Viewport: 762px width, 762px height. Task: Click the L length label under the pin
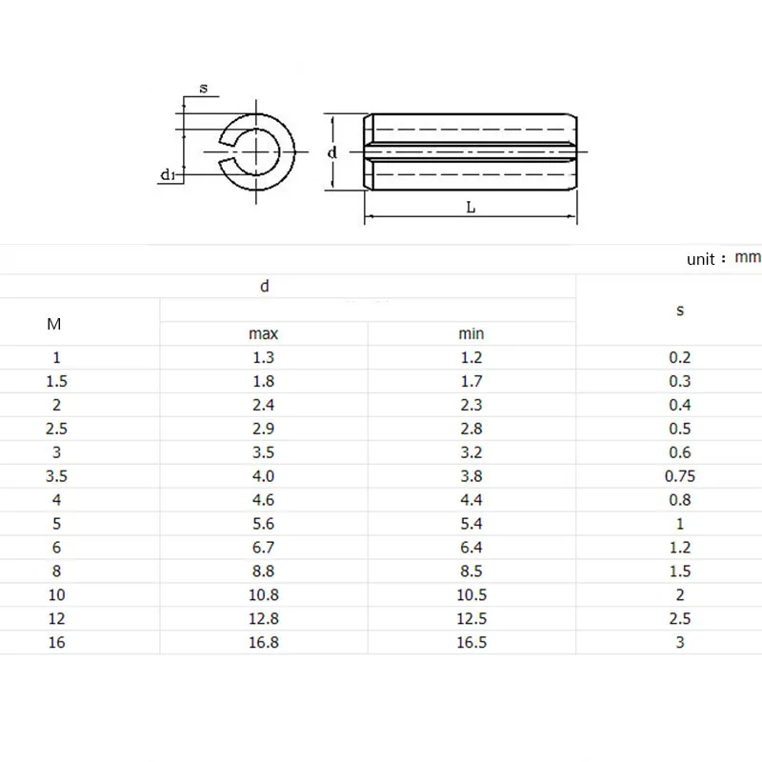[471, 208]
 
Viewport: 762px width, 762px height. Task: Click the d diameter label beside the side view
[331, 152]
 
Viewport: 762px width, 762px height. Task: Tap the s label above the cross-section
[204, 89]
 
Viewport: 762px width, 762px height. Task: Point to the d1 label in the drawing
[168, 174]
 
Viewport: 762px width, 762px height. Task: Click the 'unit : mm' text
[724, 258]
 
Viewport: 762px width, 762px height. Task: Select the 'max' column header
[264, 334]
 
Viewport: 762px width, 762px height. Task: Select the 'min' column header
[471, 334]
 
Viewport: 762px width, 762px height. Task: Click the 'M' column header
[54, 324]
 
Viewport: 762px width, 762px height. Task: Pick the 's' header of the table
[680, 311]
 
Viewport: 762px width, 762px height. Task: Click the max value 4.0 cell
[264, 476]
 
